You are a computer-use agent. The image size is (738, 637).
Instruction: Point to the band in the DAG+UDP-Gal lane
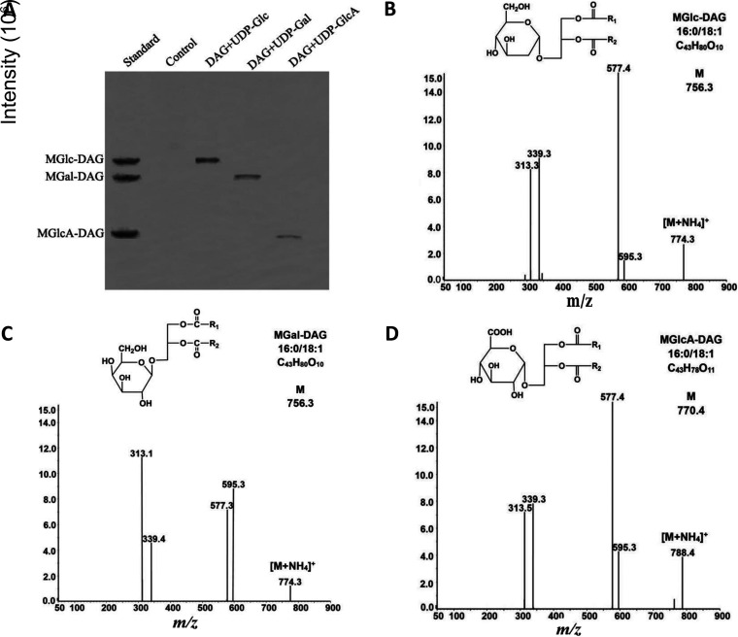248,177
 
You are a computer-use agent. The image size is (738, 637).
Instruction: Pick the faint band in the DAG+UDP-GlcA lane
289,236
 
